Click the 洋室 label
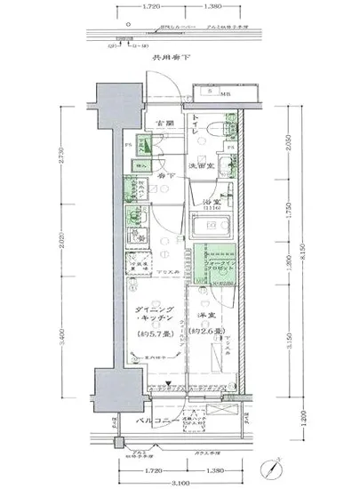[210, 315]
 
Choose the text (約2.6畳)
[212, 332]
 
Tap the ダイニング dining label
[147, 310]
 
